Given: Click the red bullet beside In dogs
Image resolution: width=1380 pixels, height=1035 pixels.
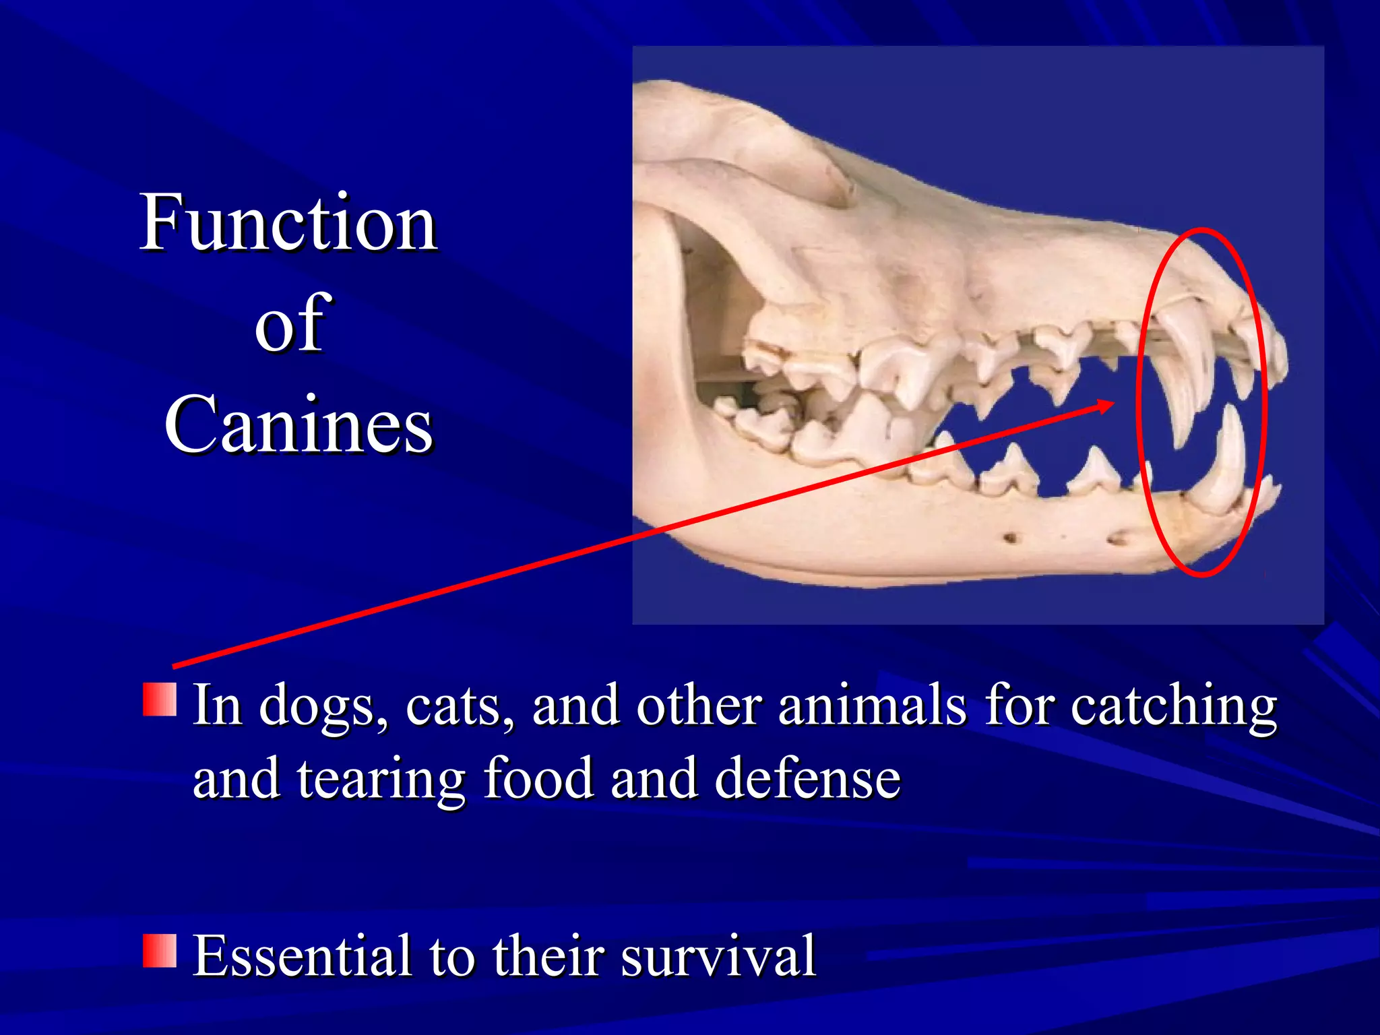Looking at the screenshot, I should (x=160, y=699).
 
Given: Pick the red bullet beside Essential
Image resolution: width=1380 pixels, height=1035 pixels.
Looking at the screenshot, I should (x=160, y=950).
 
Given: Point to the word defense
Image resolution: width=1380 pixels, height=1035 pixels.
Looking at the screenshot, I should (x=807, y=779).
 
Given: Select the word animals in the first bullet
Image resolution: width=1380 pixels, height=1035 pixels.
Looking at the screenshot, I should (x=873, y=706).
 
